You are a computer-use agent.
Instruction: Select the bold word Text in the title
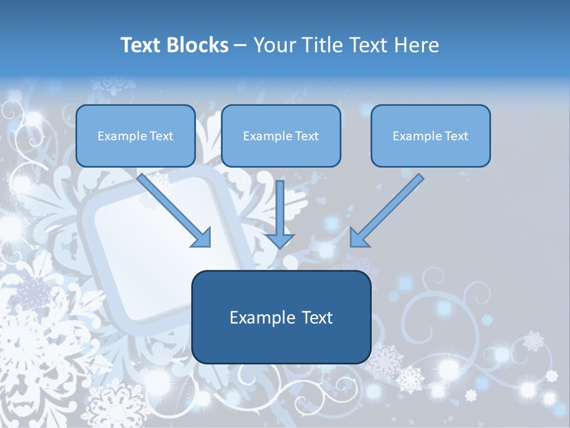143,45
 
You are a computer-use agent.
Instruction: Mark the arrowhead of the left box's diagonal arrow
202,237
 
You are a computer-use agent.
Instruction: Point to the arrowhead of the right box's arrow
359,237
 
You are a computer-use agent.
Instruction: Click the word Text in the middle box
306,136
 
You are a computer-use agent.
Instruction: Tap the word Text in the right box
456,136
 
